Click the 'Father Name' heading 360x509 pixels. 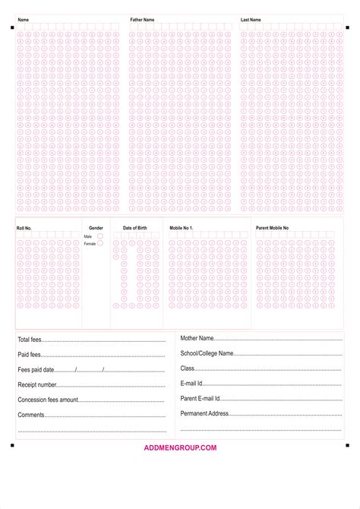pos(142,19)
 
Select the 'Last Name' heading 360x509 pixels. pos(251,19)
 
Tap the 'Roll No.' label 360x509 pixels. pos(24,228)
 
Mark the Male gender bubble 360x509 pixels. pos(99,236)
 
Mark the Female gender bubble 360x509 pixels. pos(99,243)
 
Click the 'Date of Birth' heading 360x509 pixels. pos(134,228)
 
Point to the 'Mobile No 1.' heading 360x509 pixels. pos(182,228)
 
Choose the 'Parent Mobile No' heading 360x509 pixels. pos(272,228)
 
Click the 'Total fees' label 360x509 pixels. pos(30,340)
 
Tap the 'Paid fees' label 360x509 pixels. pos(29,355)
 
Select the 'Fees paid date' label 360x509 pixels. pos(36,370)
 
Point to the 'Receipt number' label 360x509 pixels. pos(37,385)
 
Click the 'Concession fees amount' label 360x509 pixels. pos(48,400)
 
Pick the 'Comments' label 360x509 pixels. pos(31,415)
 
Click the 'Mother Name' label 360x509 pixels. pos(197,338)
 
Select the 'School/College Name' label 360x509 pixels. pos(207,353)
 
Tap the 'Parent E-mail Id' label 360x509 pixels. pos(200,398)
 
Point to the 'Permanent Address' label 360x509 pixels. pos(204,413)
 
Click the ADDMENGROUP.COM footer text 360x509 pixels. pos(180,447)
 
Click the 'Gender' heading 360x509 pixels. pos(96,228)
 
